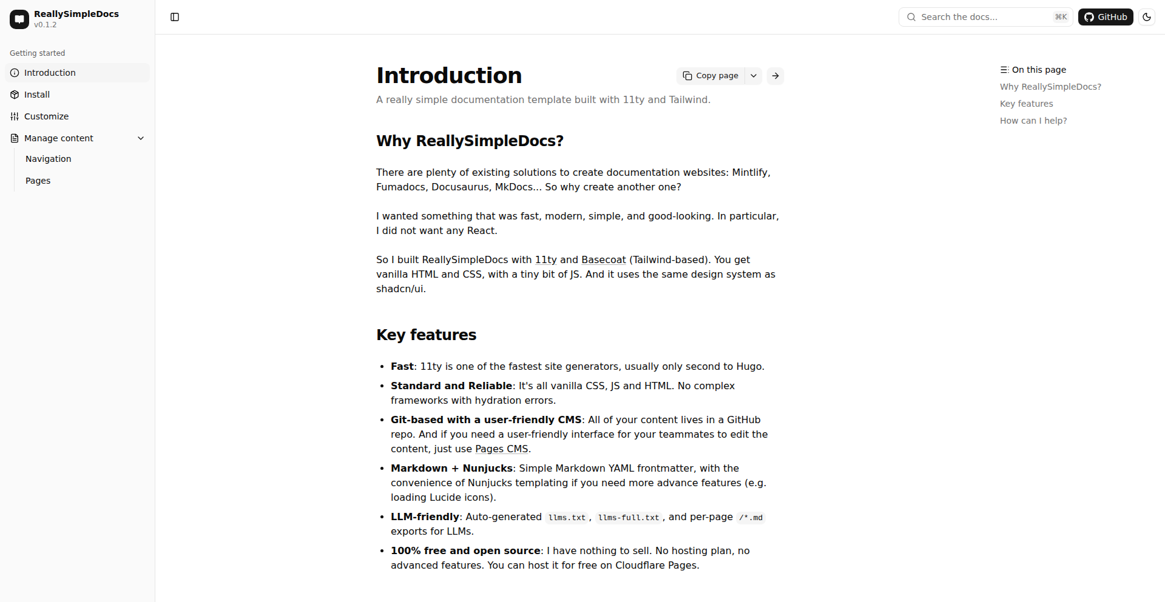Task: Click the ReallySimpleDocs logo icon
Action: point(19,19)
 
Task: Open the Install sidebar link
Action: point(37,95)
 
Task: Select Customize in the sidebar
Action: point(46,116)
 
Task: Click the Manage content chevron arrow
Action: point(141,138)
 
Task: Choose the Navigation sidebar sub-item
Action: point(49,159)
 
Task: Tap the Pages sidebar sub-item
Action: point(38,181)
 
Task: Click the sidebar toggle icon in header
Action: point(175,17)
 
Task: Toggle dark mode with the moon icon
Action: point(1146,17)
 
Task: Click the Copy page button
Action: point(711,76)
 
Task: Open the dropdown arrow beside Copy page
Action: point(754,76)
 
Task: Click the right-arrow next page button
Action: point(775,76)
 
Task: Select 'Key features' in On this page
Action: point(1026,104)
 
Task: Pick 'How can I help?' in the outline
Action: point(1033,121)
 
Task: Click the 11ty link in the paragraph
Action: point(545,260)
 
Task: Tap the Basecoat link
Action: point(603,260)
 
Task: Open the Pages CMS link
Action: point(501,449)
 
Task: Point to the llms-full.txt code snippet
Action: point(628,518)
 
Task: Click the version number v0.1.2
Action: point(46,25)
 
